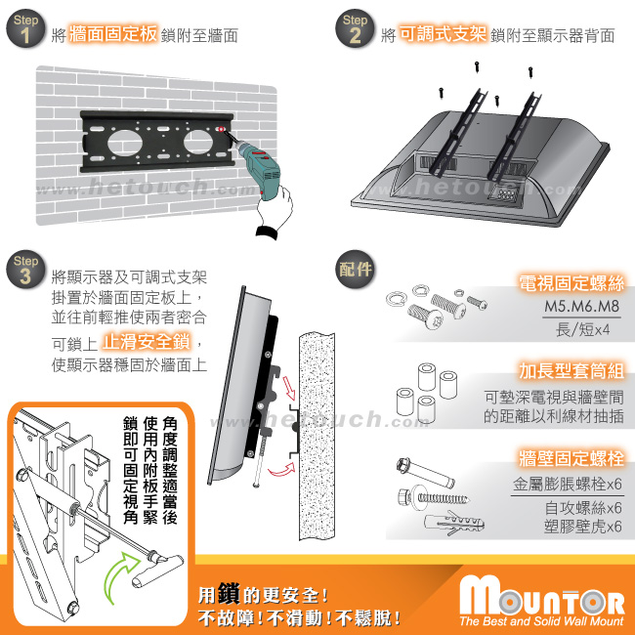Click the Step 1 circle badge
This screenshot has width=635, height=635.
point(25,28)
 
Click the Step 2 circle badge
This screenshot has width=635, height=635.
point(355,28)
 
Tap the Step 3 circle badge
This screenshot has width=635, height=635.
point(25,270)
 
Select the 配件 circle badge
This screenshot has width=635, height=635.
point(355,270)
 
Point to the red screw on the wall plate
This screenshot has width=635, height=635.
point(221,129)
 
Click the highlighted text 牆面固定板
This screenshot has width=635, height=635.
point(113,34)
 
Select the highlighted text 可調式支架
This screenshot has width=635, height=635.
point(443,34)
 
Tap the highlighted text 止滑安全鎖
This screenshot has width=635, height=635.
point(146,342)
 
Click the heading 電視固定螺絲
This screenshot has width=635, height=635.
point(571,283)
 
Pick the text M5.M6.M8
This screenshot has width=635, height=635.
point(581,306)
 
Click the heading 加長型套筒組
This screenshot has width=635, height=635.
point(571,371)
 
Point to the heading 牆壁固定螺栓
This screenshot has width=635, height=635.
point(571,458)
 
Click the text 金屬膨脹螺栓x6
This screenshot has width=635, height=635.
point(568,484)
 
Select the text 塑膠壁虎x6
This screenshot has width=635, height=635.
point(583,527)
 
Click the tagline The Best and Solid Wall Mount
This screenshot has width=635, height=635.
point(541,621)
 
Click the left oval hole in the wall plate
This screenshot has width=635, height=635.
point(125,143)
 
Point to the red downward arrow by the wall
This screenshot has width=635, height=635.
point(289,388)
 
